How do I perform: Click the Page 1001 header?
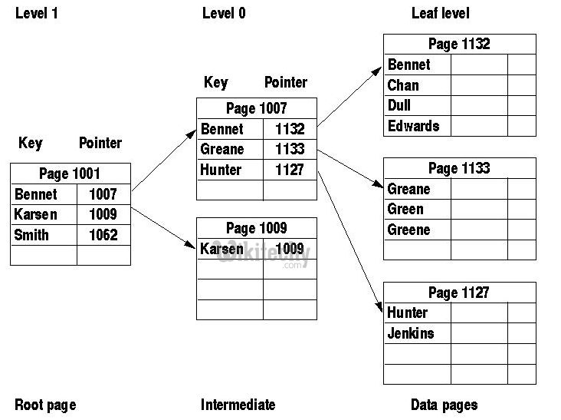(x=70, y=174)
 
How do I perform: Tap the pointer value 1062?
(x=103, y=235)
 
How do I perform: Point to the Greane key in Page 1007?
(x=221, y=149)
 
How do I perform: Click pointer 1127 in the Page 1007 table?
(x=290, y=170)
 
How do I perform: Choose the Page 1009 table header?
(x=256, y=228)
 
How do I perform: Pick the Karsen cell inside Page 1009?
(x=222, y=249)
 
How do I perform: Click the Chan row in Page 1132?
(x=403, y=85)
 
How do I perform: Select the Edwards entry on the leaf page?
(x=413, y=126)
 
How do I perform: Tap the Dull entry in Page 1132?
(x=401, y=106)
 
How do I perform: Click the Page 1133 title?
(x=458, y=168)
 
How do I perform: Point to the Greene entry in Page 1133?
(x=408, y=230)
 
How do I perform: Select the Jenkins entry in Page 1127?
(x=410, y=333)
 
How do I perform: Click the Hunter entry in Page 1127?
(x=407, y=313)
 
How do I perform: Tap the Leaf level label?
(x=440, y=13)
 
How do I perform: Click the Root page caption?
(x=45, y=405)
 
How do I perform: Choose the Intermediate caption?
(x=238, y=405)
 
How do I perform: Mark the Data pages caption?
(x=444, y=405)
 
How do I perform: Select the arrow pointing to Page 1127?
(x=349, y=240)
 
